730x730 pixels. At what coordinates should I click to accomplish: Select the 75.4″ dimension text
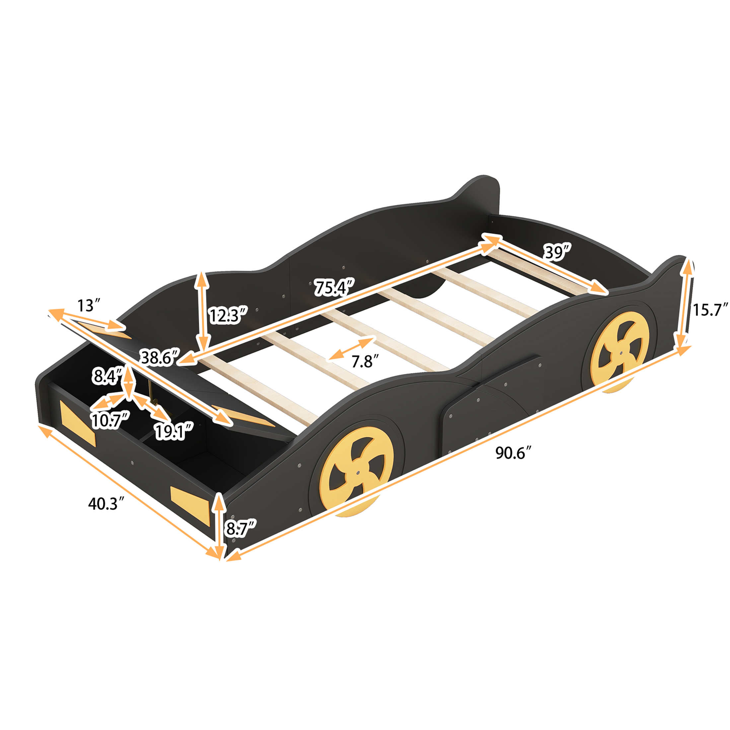pyautogui.click(x=335, y=287)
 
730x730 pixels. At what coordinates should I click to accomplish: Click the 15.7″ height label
pyautogui.click(x=710, y=310)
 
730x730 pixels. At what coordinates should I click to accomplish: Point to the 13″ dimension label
pyautogui.click(x=89, y=305)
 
